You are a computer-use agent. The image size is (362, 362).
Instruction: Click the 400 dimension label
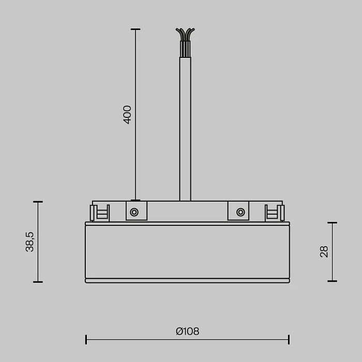[x=127, y=114]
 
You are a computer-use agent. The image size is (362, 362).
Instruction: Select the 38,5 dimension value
[x=30, y=242]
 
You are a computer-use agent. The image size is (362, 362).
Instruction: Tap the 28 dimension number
[x=324, y=252]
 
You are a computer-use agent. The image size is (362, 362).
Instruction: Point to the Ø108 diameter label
[x=187, y=331]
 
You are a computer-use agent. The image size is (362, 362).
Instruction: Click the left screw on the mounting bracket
[x=134, y=212]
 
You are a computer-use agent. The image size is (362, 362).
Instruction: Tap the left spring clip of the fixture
[x=99, y=213]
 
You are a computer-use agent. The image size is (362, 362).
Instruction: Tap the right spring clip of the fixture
[x=275, y=213]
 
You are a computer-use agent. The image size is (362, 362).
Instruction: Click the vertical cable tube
[x=185, y=129]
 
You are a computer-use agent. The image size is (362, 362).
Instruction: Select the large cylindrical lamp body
[x=187, y=252]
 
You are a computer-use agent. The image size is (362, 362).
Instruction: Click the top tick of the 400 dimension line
[x=135, y=29]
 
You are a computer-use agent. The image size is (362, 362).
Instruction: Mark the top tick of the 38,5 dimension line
[x=38, y=202]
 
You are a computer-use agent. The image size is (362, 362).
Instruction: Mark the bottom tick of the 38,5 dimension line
[x=38, y=282]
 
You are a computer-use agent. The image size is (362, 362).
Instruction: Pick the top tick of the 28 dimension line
[x=332, y=223]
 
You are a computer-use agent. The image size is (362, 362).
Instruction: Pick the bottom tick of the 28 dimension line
[x=332, y=281]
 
